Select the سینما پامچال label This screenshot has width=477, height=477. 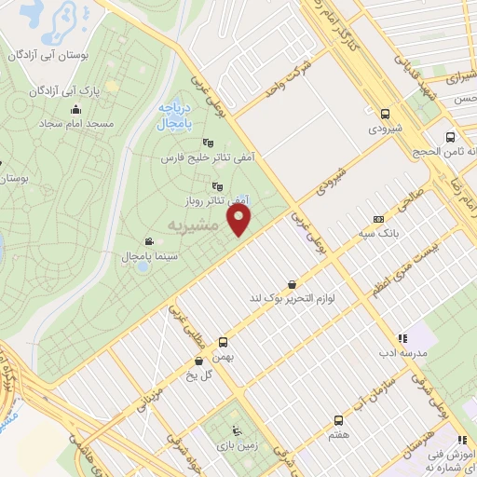[x=142, y=255]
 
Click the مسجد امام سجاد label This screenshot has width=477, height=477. [x=78, y=123]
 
